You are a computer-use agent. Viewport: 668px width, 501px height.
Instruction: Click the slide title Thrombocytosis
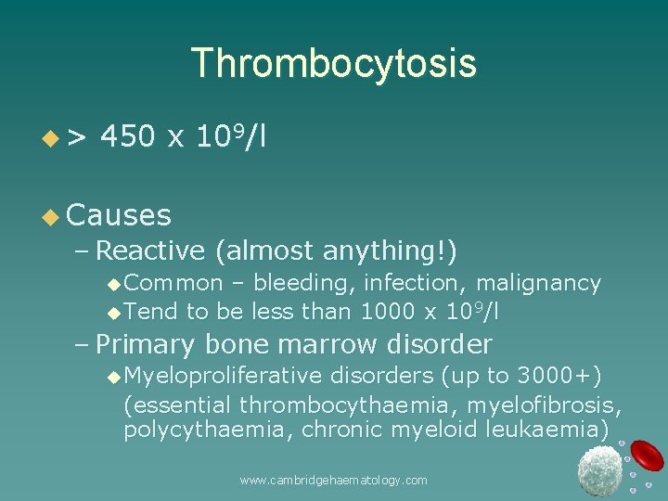tap(333, 63)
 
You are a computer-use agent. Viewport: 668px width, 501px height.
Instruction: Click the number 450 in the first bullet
tap(128, 137)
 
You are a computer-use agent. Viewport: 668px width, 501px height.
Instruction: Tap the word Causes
tap(119, 215)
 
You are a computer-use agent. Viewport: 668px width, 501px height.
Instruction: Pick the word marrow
tap(316, 344)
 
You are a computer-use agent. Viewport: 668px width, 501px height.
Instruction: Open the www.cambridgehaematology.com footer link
tap(333, 480)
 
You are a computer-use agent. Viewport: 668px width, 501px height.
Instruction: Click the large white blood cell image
tap(599, 469)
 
